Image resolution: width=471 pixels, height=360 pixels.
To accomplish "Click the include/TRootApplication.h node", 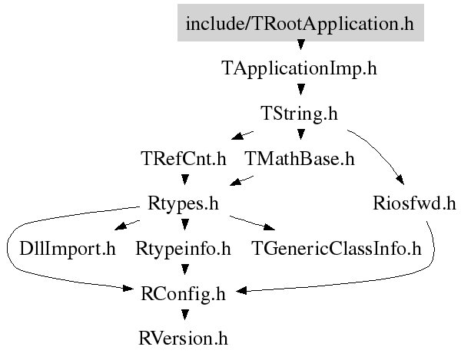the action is click(300, 22).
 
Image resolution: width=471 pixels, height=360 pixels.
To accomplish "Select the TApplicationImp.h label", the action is click(299, 68).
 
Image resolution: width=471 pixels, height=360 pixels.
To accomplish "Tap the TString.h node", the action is click(300, 114).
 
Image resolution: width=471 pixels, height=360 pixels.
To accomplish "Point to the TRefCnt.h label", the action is click(184, 158).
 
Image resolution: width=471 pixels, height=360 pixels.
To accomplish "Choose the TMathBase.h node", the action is click(300, 158).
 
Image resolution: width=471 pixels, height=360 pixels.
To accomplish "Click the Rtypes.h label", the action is click(183, 204).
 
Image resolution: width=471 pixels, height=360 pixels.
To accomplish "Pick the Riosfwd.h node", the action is click(415, 203).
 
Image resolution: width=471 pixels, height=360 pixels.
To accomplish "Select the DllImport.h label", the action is click(68, 249).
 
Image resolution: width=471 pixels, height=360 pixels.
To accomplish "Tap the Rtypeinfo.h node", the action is click(183, 249).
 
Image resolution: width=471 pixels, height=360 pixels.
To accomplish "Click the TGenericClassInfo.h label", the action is click(337, 249).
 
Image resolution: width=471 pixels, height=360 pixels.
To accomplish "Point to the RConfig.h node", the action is click(183, 294).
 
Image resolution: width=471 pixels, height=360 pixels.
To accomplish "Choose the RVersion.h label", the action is click(183, 339).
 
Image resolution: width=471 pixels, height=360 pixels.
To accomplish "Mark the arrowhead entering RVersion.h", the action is click(184, 315).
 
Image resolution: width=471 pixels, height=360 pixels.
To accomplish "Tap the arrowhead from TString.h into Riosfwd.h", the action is click(400, 180).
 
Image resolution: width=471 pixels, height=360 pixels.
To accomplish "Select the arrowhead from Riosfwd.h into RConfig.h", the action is click(241, 290).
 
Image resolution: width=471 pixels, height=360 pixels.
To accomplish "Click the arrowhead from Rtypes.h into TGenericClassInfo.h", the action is click(270, 227).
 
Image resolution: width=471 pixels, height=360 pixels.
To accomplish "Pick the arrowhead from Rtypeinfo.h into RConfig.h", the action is click(184, 269).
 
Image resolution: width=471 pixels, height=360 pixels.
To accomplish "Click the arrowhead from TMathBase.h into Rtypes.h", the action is click(235, 182).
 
